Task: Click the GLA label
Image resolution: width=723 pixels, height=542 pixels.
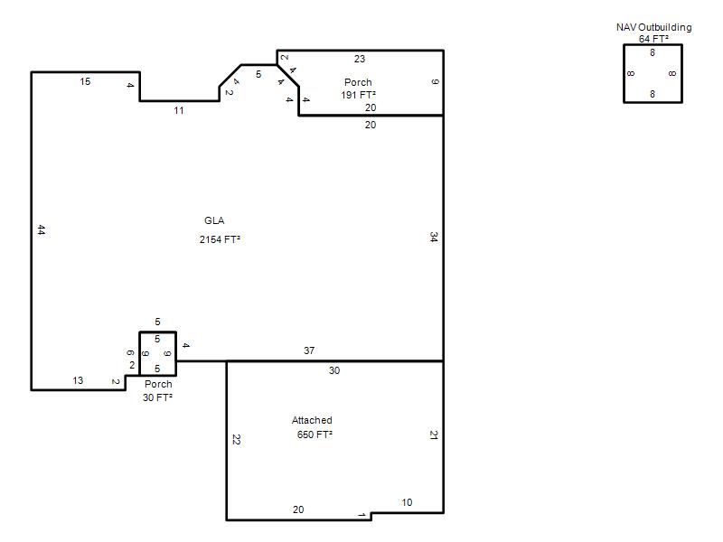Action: (214, 220)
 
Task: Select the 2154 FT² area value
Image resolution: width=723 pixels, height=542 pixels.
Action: (220, 239)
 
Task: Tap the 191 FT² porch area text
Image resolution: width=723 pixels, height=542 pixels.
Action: (358, 95)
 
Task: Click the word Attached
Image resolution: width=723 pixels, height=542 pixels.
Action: (312, 420)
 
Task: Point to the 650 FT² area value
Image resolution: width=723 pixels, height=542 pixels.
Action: (315, 435)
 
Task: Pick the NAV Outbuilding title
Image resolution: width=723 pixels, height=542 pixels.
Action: (653, 27)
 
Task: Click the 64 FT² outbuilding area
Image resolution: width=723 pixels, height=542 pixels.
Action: (653, 39)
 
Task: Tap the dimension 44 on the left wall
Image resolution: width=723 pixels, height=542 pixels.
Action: (42, 229)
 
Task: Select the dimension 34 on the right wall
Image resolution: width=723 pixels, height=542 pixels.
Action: (434, 237)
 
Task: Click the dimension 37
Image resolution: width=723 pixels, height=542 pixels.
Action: (309, 350)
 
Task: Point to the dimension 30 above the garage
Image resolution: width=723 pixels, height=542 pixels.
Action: (334, 370)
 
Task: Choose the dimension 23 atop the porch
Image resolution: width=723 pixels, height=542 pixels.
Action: (360, 59)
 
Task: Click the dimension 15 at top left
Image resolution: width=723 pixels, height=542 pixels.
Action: (85, 81)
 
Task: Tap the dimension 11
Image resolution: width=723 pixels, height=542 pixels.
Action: (179, 110)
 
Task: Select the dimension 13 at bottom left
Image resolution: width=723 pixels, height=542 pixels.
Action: (78, 380)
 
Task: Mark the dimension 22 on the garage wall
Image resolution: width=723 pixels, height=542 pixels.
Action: (236, 440)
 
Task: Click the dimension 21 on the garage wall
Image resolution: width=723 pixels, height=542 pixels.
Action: (434, 435)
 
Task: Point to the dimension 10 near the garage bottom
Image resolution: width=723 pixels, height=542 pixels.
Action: (407, 503)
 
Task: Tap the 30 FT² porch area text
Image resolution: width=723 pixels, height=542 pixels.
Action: (157, 397)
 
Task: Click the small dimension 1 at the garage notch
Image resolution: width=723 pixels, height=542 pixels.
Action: (362, 515)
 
